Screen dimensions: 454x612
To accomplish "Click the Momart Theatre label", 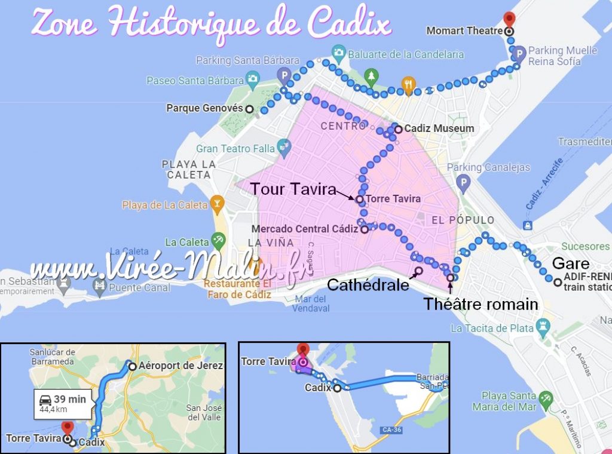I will click(463, 30).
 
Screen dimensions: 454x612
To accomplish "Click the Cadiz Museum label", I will click(439, 128).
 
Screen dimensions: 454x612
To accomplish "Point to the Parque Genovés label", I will click(204, 109).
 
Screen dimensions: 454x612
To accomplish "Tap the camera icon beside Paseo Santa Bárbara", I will click(252, 79).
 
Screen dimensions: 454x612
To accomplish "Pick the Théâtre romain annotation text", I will click(481, 304).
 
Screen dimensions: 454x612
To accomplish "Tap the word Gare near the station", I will click(570, 263).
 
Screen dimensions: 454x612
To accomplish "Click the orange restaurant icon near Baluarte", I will click(409, 85).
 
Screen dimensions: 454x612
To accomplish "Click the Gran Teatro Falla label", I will click(235, 148).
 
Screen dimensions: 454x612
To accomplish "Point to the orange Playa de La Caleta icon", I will click(216, 204).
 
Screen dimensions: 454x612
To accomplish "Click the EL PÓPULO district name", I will click(463, 220).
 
